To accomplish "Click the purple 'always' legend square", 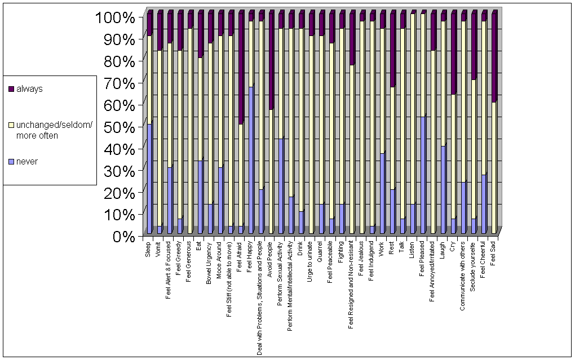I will click(11, 89).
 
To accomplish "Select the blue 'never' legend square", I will click(11, 162).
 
